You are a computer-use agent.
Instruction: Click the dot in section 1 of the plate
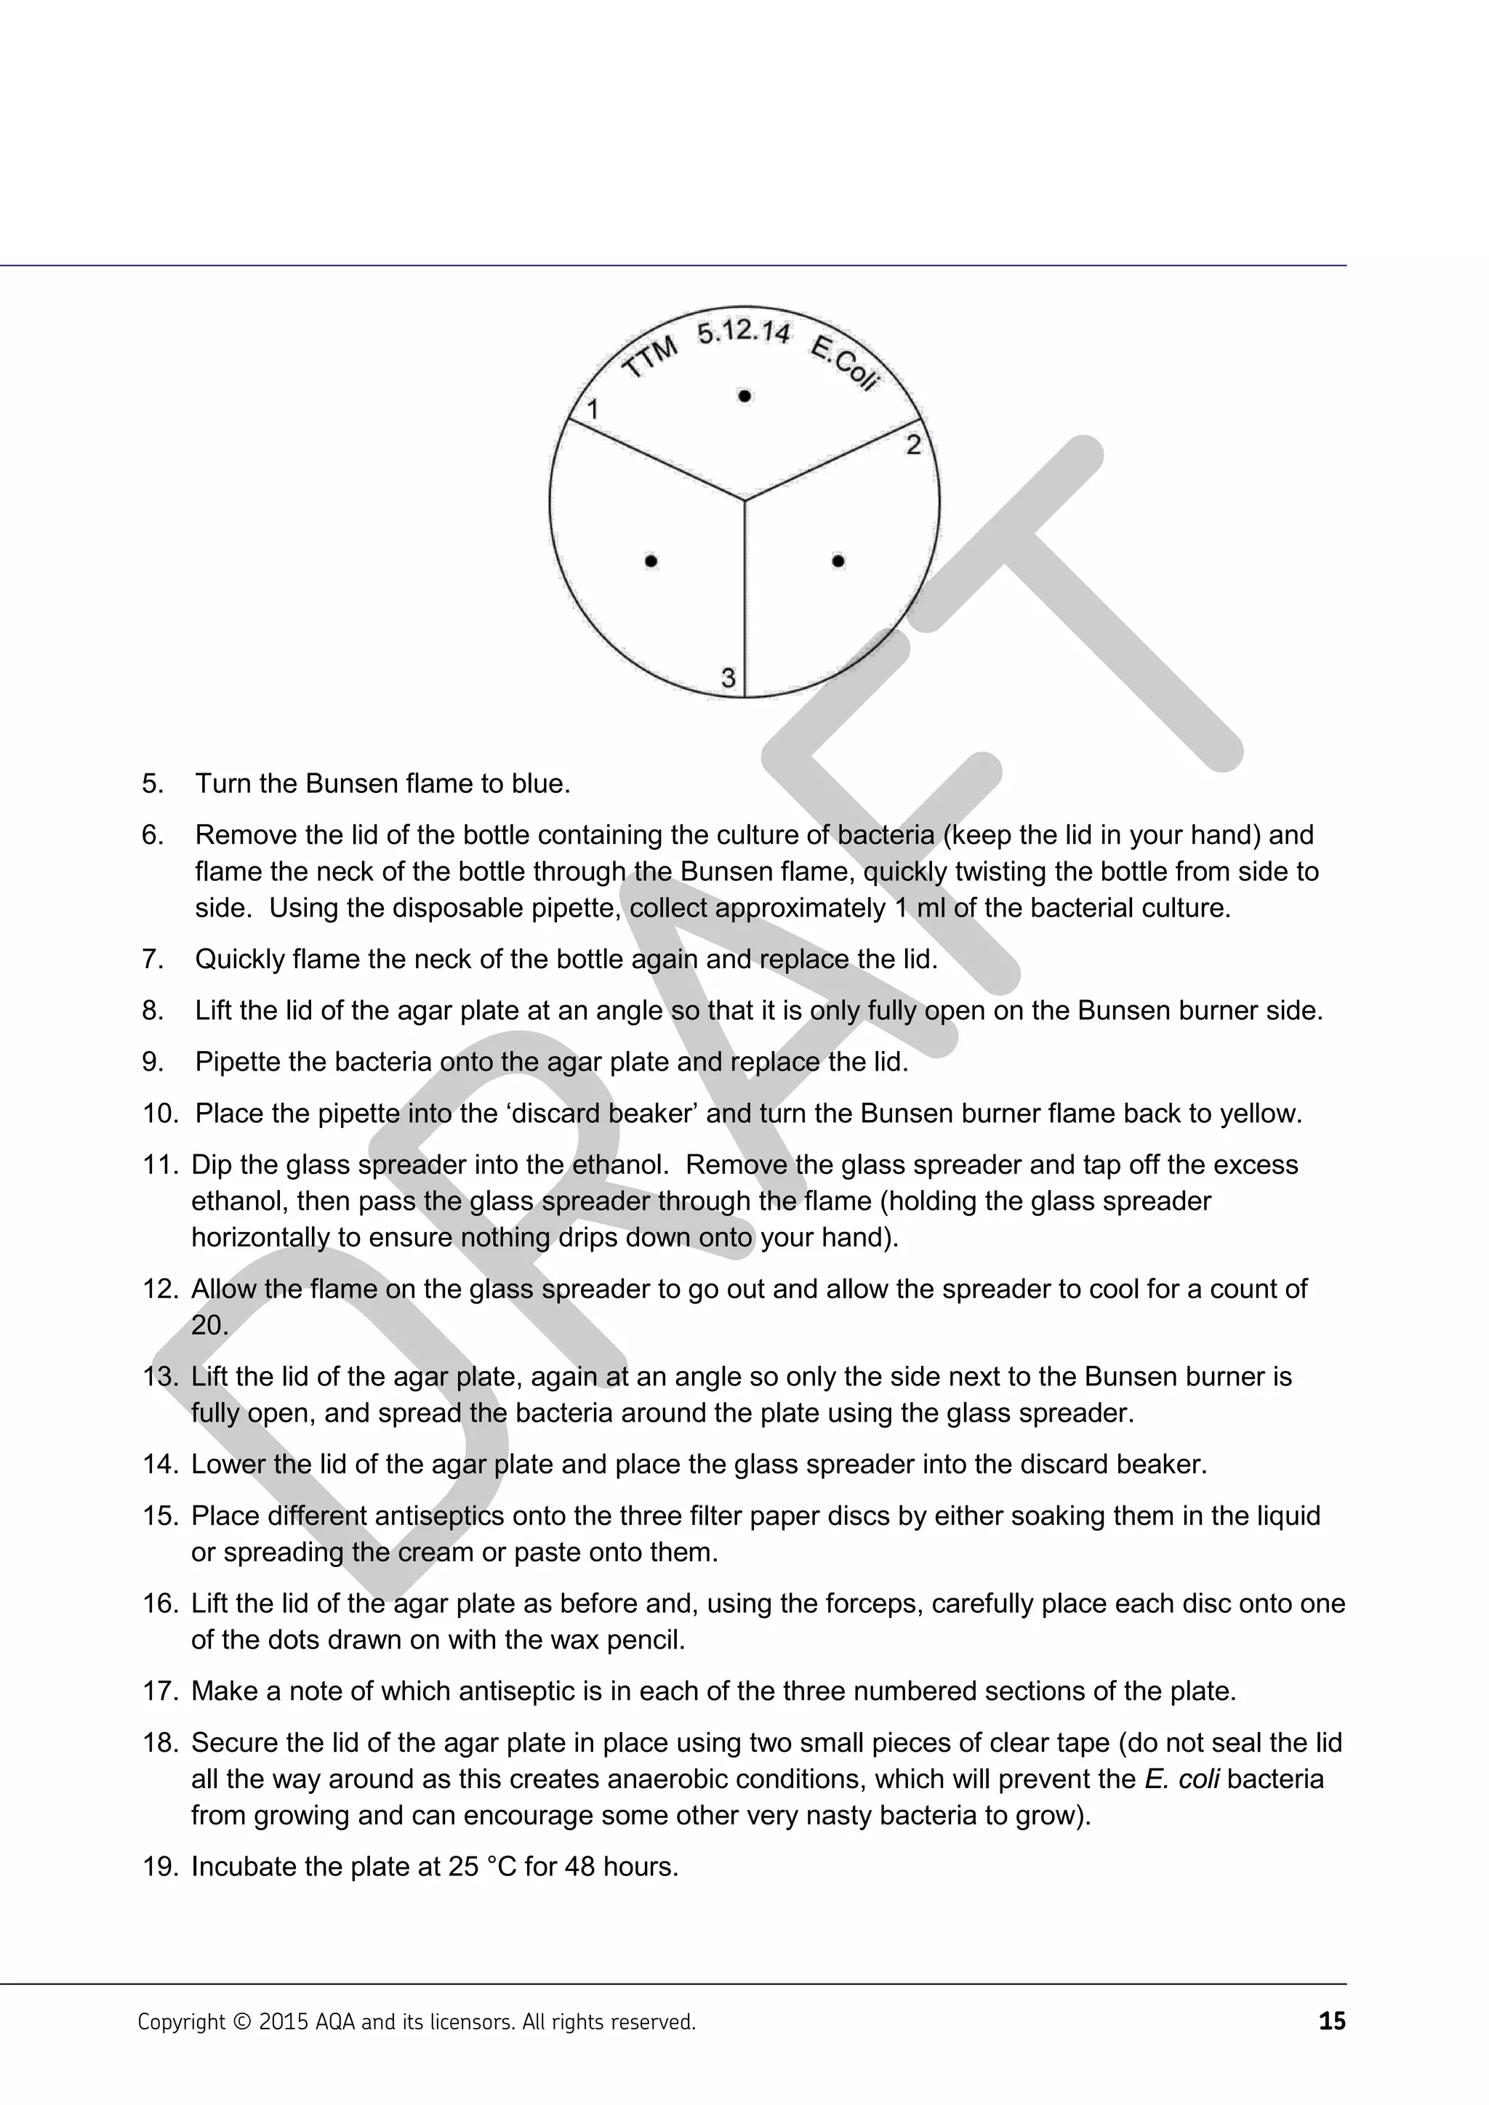pyautogui.click(x=744, y=396)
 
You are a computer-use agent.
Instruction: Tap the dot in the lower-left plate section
pyautogui.click(x=651, y=560)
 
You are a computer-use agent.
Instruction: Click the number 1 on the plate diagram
pyautogui.click(x=593, y=409)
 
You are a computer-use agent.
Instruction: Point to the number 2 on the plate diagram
pyautogui.click(x=913, y=446)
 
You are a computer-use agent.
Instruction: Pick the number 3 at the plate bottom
pyautogui.click(x=728, y=677)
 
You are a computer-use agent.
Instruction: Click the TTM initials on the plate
pyautogui.click(x=650, y=358)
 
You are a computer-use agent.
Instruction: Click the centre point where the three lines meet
pyautogui.click(x=744, y=501)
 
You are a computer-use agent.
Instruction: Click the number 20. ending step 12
pyautogui.click(x=209, y=1326)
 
